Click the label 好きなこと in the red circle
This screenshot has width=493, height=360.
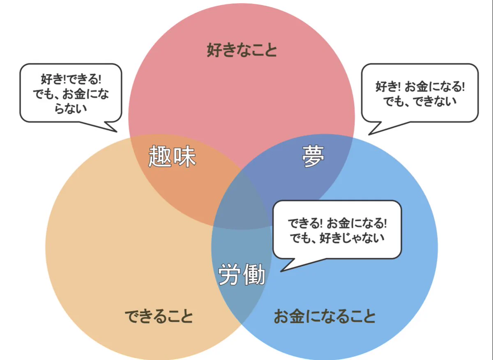point(242,50)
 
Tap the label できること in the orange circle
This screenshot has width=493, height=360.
point(159,316)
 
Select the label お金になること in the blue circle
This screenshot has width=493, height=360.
point(325,316)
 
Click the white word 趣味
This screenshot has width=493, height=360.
point(172,157)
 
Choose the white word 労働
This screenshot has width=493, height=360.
point(241,274)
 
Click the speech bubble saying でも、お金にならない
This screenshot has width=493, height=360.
point(71,93)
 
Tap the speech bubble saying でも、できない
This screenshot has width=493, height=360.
point(420,93)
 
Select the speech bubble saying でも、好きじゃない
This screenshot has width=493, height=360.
point(337,229)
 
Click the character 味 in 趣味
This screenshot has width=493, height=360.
point(184,157)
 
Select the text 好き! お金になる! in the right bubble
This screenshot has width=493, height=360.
point(420,87)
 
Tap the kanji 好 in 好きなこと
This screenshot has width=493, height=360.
point(214,50)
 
